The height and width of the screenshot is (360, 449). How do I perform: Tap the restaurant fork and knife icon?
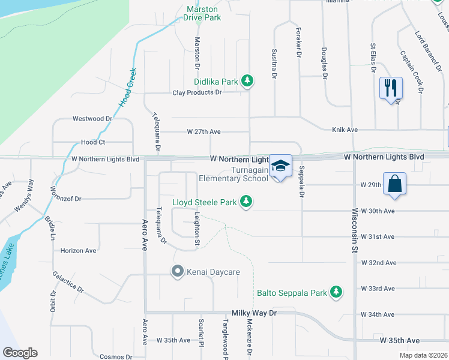click(x=391, y=88)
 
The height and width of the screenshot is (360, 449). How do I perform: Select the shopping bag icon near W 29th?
click(x=395, y=184)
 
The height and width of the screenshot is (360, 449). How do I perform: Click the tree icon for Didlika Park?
click(x=247, y=81)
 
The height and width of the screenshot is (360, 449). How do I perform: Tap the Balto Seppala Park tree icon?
click(x=337, y=293)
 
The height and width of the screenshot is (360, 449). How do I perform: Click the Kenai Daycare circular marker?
click(x=177, y=272)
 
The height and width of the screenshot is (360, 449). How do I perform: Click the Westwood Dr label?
click(x=92, y=119)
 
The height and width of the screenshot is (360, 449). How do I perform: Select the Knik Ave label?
click(x=345, y=130)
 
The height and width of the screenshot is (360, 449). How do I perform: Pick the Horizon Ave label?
click(x=78, y=250)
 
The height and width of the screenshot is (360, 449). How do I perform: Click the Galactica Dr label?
click(x=68, y=280)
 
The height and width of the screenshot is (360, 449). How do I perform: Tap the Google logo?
click(x=20, y=353)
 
